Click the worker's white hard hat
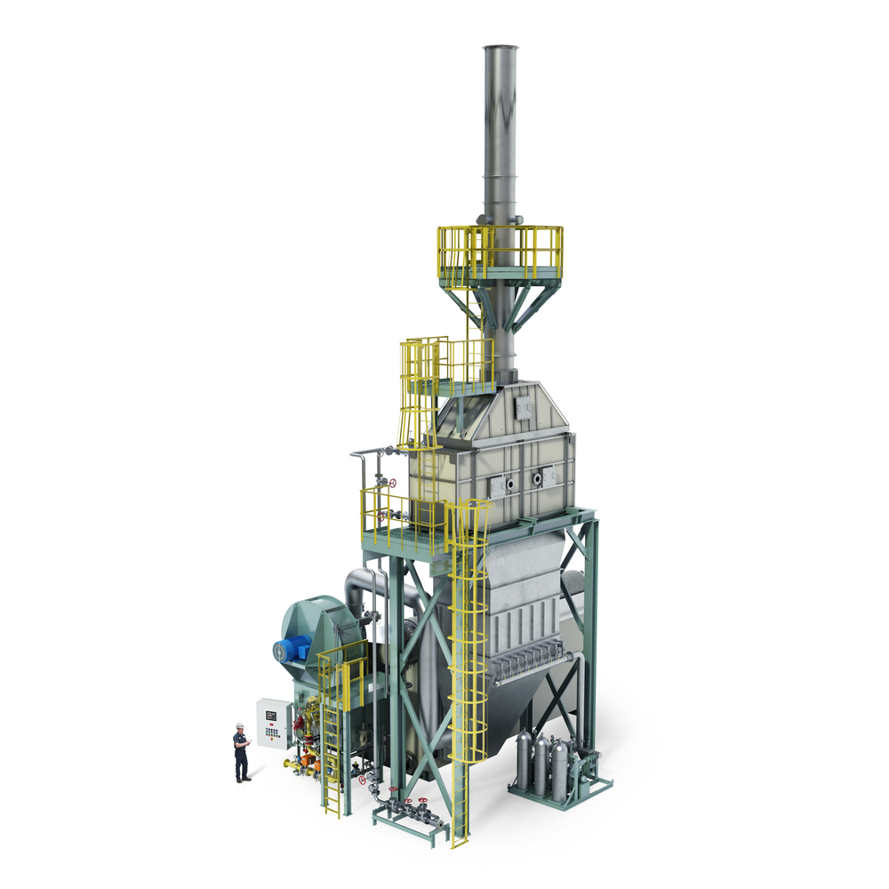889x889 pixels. pos(239,726)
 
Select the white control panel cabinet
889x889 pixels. pos(273,723)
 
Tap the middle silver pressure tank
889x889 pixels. pos(541,764)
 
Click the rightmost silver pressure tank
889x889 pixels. pos(559,766)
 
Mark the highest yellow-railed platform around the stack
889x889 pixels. pos(501,253)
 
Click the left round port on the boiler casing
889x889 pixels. pos(499,484)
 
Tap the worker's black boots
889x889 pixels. pos(241,779)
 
